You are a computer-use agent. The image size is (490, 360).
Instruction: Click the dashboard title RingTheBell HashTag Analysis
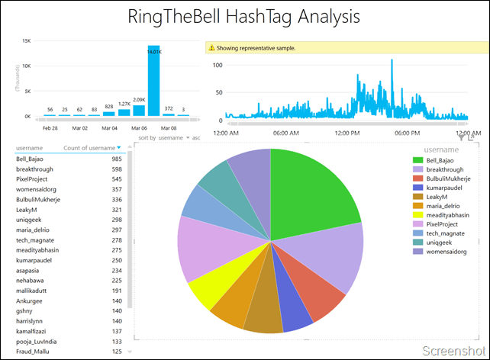[243, 17]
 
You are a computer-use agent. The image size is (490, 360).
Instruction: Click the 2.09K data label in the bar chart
[139, 100]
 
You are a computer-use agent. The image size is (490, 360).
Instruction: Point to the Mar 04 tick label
[109, 128]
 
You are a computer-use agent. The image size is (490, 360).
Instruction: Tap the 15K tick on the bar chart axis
[26, 41]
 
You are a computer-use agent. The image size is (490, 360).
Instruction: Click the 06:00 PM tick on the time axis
[409, 133]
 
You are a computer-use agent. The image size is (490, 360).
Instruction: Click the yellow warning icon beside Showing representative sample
[211, 48]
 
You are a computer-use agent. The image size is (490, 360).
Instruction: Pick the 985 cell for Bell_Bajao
[117, 159]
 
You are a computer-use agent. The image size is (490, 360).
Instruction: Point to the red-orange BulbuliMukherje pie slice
[318, 294]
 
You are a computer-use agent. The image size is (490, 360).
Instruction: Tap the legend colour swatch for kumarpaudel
[417, 188]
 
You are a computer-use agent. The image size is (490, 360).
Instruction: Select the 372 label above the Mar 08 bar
[169, 108]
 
